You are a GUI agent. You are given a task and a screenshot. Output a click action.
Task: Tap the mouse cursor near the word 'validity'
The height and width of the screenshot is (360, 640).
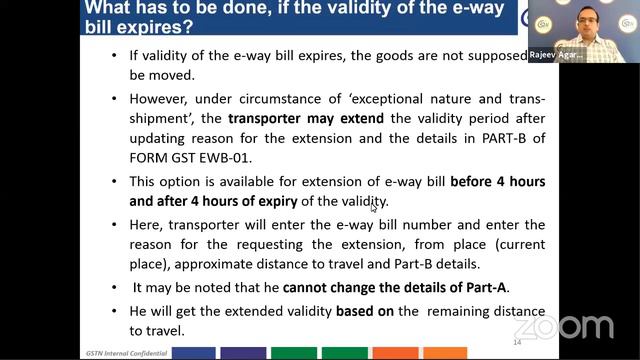tap(373, 207)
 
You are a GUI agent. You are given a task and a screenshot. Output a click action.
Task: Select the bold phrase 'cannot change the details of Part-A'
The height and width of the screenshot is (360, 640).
tap(397, 288)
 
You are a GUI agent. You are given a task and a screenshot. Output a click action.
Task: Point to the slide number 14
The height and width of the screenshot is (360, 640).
tap(517, 343)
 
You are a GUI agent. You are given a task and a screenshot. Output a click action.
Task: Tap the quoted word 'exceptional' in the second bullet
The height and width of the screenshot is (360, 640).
tap(377, 100)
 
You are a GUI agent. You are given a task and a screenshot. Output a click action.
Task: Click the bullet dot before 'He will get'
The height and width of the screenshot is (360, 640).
tap(114, 311)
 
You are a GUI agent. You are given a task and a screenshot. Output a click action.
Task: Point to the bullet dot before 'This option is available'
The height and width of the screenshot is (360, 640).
tap(114, 183)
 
